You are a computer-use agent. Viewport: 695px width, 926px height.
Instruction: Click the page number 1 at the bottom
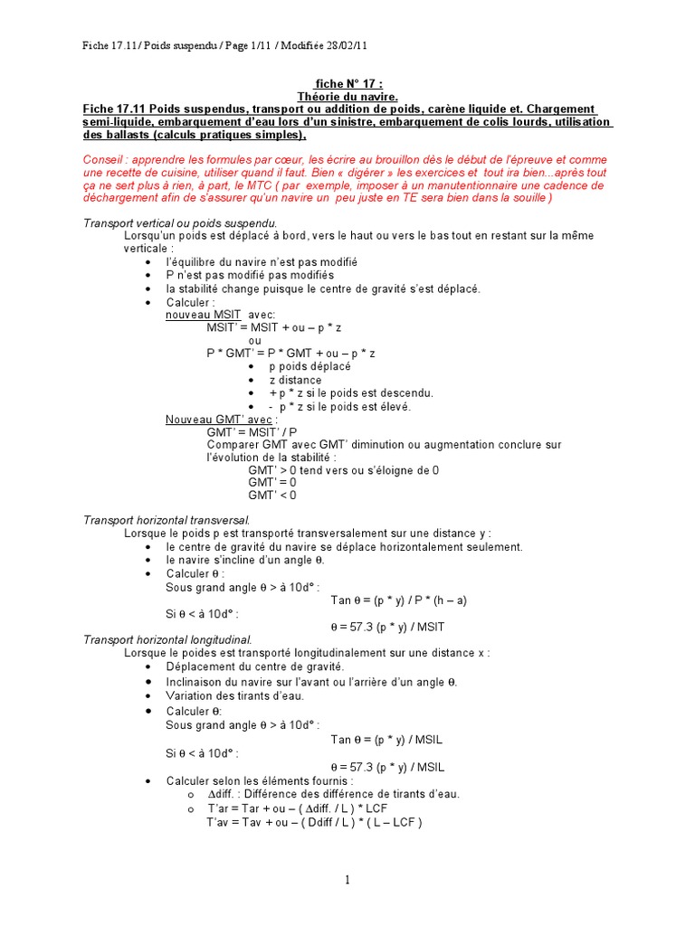(x=346, y=880)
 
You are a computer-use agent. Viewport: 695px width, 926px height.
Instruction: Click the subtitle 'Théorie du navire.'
(x=347, y=96)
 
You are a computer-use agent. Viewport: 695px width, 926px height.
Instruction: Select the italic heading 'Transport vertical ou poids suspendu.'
(x=180, y=222)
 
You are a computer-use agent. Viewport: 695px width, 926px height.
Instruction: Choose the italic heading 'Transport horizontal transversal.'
(x=166, y=520)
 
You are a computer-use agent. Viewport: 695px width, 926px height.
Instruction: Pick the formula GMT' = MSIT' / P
(x=252, y=431)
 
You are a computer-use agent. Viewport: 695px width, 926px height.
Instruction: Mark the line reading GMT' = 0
(x=271, y=482)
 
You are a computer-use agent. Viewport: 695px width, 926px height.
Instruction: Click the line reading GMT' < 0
(x=271, y=495)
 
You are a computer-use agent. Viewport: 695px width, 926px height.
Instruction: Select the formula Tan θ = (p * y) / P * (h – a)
(x=398, y=600)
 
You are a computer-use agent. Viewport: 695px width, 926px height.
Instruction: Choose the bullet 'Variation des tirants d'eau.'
(x=234, y=695)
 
